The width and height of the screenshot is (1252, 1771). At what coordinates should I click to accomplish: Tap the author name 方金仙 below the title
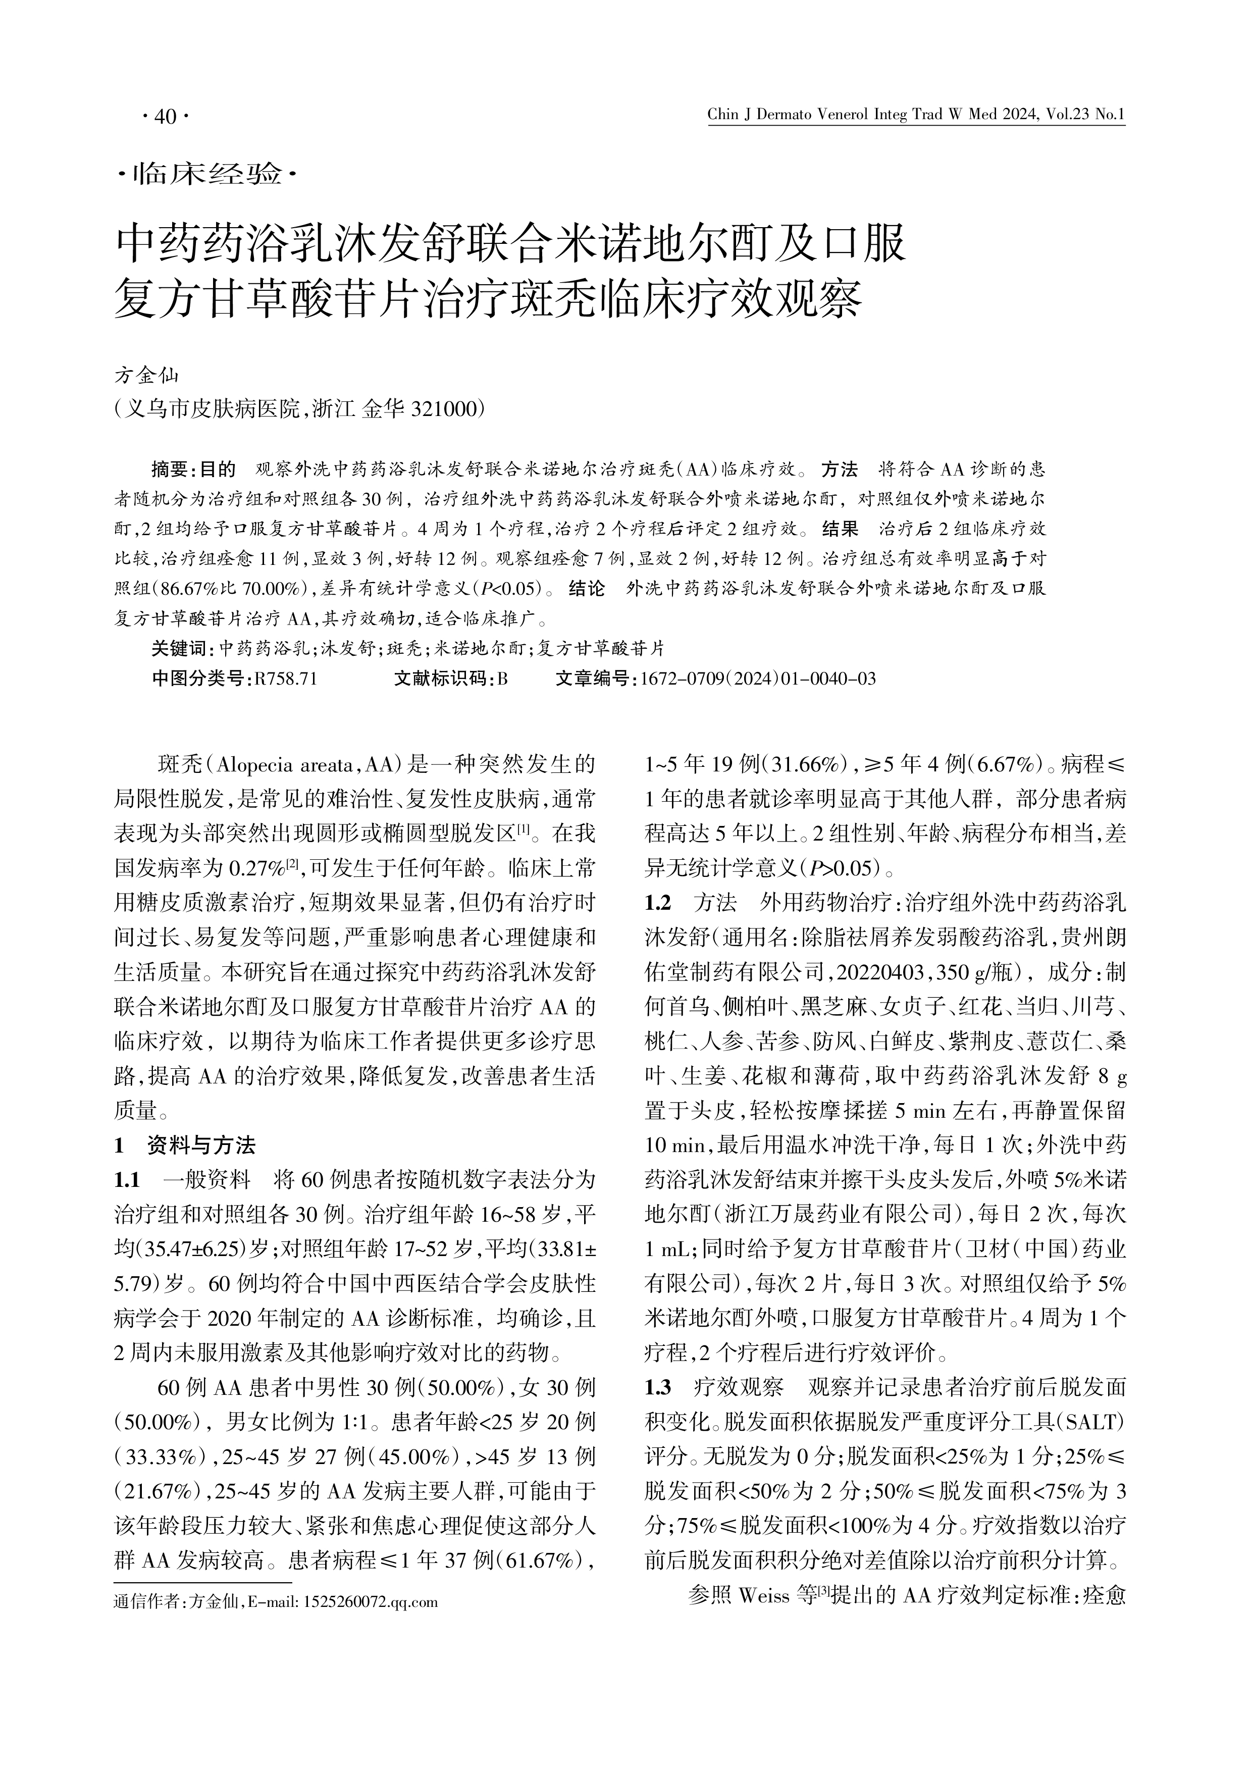146,376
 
